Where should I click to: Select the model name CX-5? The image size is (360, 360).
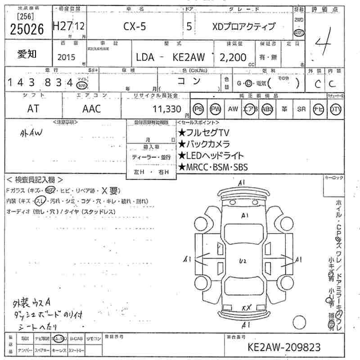135,27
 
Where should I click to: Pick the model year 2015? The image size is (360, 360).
67,57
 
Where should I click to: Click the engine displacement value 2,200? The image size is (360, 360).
233,57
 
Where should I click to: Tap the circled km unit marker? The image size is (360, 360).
81,85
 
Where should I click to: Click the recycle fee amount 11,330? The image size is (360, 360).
166,109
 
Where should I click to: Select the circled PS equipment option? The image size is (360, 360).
198,109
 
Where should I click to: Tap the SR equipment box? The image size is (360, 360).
301,109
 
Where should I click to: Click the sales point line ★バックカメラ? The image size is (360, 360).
204,144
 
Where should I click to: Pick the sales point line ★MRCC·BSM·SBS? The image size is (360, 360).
212,167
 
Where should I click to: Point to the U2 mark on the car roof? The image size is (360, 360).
243,261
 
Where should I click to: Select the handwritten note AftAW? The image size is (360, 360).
31,133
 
